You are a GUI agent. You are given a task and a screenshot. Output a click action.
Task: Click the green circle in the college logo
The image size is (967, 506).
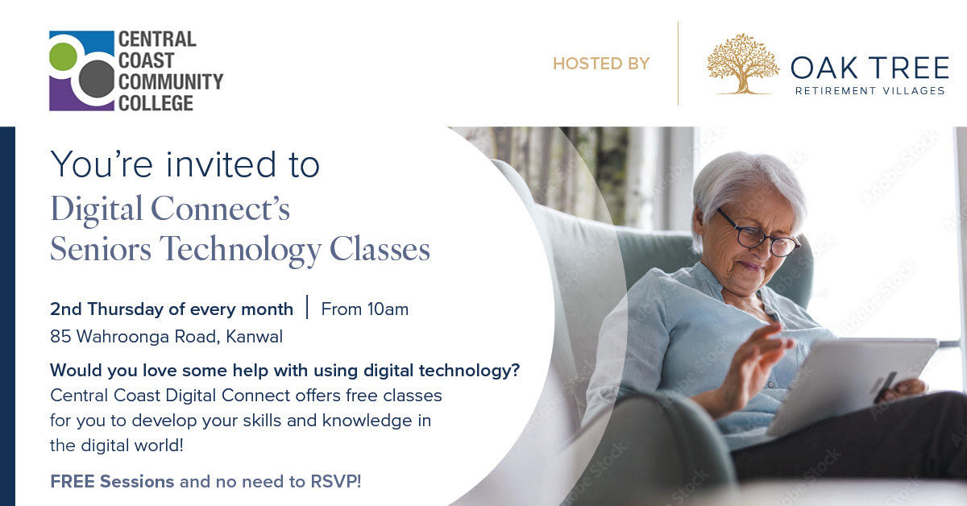tap(63, 56)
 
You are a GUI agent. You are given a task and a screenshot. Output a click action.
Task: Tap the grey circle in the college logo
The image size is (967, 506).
tap(97, 79)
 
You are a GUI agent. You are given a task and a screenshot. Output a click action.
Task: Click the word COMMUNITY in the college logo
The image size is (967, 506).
tap(171, 81)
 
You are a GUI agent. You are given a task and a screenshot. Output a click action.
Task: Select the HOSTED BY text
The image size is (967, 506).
tap(601, 64)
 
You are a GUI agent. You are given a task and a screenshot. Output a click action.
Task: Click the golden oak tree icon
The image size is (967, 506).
tap(742, 64)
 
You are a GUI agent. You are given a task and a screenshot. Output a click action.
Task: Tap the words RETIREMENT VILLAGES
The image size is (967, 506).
tap(870, 91)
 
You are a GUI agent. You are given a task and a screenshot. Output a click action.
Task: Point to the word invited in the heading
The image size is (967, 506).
tap(221, 164)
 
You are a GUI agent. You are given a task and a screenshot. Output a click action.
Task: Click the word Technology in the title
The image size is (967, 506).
tap(240, 250)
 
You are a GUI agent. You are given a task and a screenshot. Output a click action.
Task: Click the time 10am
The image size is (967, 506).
tap(388, 309)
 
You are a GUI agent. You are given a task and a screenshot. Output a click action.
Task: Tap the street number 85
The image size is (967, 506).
tap(60, 337)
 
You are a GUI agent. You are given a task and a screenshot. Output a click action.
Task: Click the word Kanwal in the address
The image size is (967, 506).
tap(255, 337)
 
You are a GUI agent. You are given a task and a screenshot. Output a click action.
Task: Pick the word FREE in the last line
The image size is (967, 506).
tap(73, 481)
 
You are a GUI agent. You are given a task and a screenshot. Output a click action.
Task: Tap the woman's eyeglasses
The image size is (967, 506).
tap(758, 234)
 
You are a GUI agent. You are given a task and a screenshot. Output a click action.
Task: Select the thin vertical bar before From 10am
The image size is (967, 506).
tap(307, 307)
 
